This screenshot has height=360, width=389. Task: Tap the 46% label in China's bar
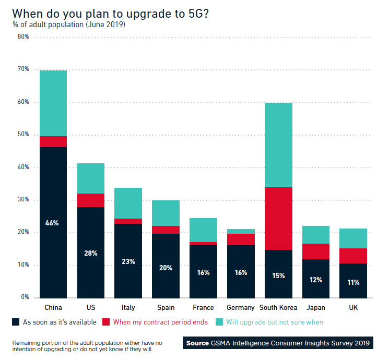coord(53,223)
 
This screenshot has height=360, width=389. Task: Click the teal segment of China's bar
coord(53,103)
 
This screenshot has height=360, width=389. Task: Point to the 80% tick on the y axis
coord(22,37)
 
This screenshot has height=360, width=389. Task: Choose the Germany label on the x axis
coord(241,308)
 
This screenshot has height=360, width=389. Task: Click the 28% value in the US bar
coord(91,253)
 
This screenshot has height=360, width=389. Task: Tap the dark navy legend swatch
coord(15,322)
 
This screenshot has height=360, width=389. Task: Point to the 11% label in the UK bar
coord(353,282)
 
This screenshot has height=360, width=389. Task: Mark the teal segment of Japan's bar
coord(316,235)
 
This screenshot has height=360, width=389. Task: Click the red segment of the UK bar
coord(353,256)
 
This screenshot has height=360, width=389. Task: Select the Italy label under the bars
coord(128,308)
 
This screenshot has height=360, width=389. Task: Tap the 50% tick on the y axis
coord(22,135)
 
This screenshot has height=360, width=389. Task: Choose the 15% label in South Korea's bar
coord(278,275)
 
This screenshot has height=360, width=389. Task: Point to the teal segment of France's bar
coord(203,230)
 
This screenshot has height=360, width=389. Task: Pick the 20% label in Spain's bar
coord(166,268)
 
